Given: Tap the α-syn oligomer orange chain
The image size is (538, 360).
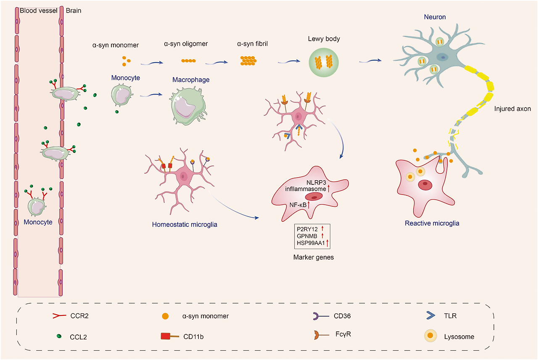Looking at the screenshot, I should (x=188, y=61).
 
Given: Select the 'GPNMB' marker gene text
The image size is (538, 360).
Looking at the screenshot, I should (x=308, y=236).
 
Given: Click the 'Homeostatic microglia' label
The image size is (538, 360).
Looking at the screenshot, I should (x=185, y=224).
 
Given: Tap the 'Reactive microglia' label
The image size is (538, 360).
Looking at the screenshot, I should (x=432, y=223).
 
